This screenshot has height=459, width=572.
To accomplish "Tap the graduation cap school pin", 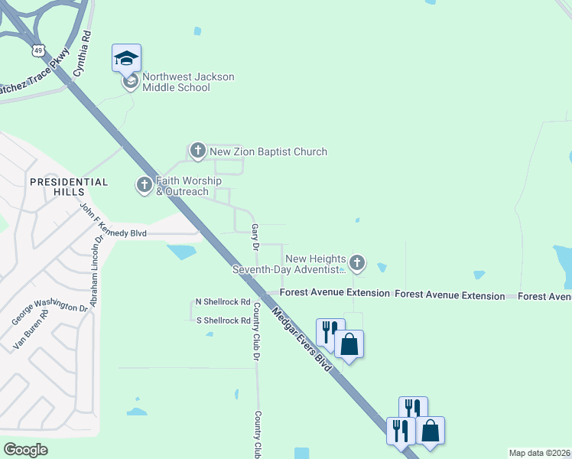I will [x=127, y=58].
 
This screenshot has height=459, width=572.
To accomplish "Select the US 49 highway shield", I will [x=38, y=50].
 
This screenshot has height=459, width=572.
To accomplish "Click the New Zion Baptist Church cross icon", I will [x=198, y=151].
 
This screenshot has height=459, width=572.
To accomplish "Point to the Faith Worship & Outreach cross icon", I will [x=145, y=185].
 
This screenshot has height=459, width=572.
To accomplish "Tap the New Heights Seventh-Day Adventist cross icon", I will [x=356, y=264].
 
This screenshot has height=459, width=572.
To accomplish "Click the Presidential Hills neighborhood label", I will [x=69, y=187].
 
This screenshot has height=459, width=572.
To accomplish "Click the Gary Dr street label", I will [x=255, y=236].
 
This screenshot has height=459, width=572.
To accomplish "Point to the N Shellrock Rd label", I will [x=223, y=302].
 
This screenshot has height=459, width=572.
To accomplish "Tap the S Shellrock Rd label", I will [x=223, y=321].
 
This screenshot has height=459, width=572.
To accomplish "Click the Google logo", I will [x=25, y=449].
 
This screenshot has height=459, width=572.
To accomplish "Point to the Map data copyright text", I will [x=539, y=453].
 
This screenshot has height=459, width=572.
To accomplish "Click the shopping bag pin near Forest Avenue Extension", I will [x=349, y=345].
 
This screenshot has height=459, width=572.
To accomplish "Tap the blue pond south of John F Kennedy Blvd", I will [x=182, y=251].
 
